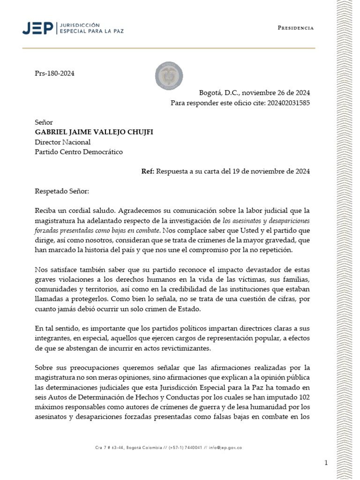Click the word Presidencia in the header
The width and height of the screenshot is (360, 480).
point(295,28)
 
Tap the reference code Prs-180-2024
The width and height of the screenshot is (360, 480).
point(55,74)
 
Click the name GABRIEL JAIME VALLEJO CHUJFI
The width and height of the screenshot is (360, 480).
point(94,132)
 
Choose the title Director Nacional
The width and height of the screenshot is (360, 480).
point(63,142)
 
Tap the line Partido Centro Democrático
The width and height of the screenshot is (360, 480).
point(79,152)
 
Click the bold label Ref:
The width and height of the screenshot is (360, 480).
point(148,172)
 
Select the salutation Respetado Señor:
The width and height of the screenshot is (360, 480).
point(61,191)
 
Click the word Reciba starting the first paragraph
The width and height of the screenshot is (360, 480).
point(46,210)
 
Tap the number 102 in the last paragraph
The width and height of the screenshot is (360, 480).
point(303,397)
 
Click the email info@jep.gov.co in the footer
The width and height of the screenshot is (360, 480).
point(226,448)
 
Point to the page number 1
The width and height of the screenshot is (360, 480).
point(326,463)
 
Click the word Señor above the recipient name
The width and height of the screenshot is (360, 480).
point(44,122)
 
